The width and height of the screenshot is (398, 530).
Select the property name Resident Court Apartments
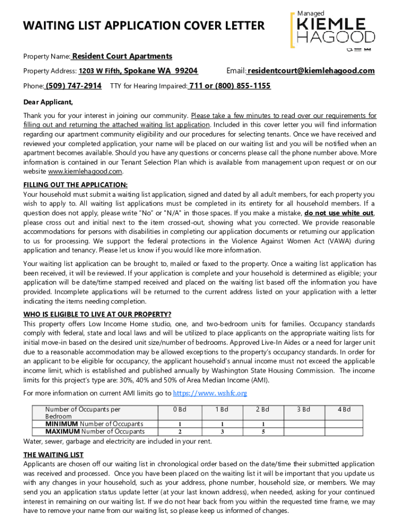pos(122,56)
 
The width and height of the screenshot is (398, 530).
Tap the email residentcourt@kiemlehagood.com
pos(311,71)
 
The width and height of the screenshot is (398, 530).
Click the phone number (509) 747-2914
pos(73,86)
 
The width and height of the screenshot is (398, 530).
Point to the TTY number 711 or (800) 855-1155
pos(229,86)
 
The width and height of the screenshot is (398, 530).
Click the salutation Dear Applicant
pos(48,101)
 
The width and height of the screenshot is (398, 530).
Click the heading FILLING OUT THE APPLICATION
pos(75,185)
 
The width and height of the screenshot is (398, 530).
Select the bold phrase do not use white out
pos(339,213)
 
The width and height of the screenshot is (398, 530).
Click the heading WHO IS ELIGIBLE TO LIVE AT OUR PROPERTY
pos(97,314)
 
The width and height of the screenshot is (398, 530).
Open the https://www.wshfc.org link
pos(209,393)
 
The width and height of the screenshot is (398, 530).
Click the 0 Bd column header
pos(180,409)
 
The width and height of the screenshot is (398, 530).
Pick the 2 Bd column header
pos(263,409)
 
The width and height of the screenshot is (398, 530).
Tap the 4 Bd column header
pos(344,409)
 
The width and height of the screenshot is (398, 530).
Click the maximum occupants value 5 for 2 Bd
pos(263,432)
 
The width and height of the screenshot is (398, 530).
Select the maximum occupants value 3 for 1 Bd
pos(222,432)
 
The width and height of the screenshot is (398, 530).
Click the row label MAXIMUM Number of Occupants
pos(95,432)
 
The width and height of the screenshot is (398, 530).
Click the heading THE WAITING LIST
pos(53,455)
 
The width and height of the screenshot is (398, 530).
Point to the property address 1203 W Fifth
pos(100,71)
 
